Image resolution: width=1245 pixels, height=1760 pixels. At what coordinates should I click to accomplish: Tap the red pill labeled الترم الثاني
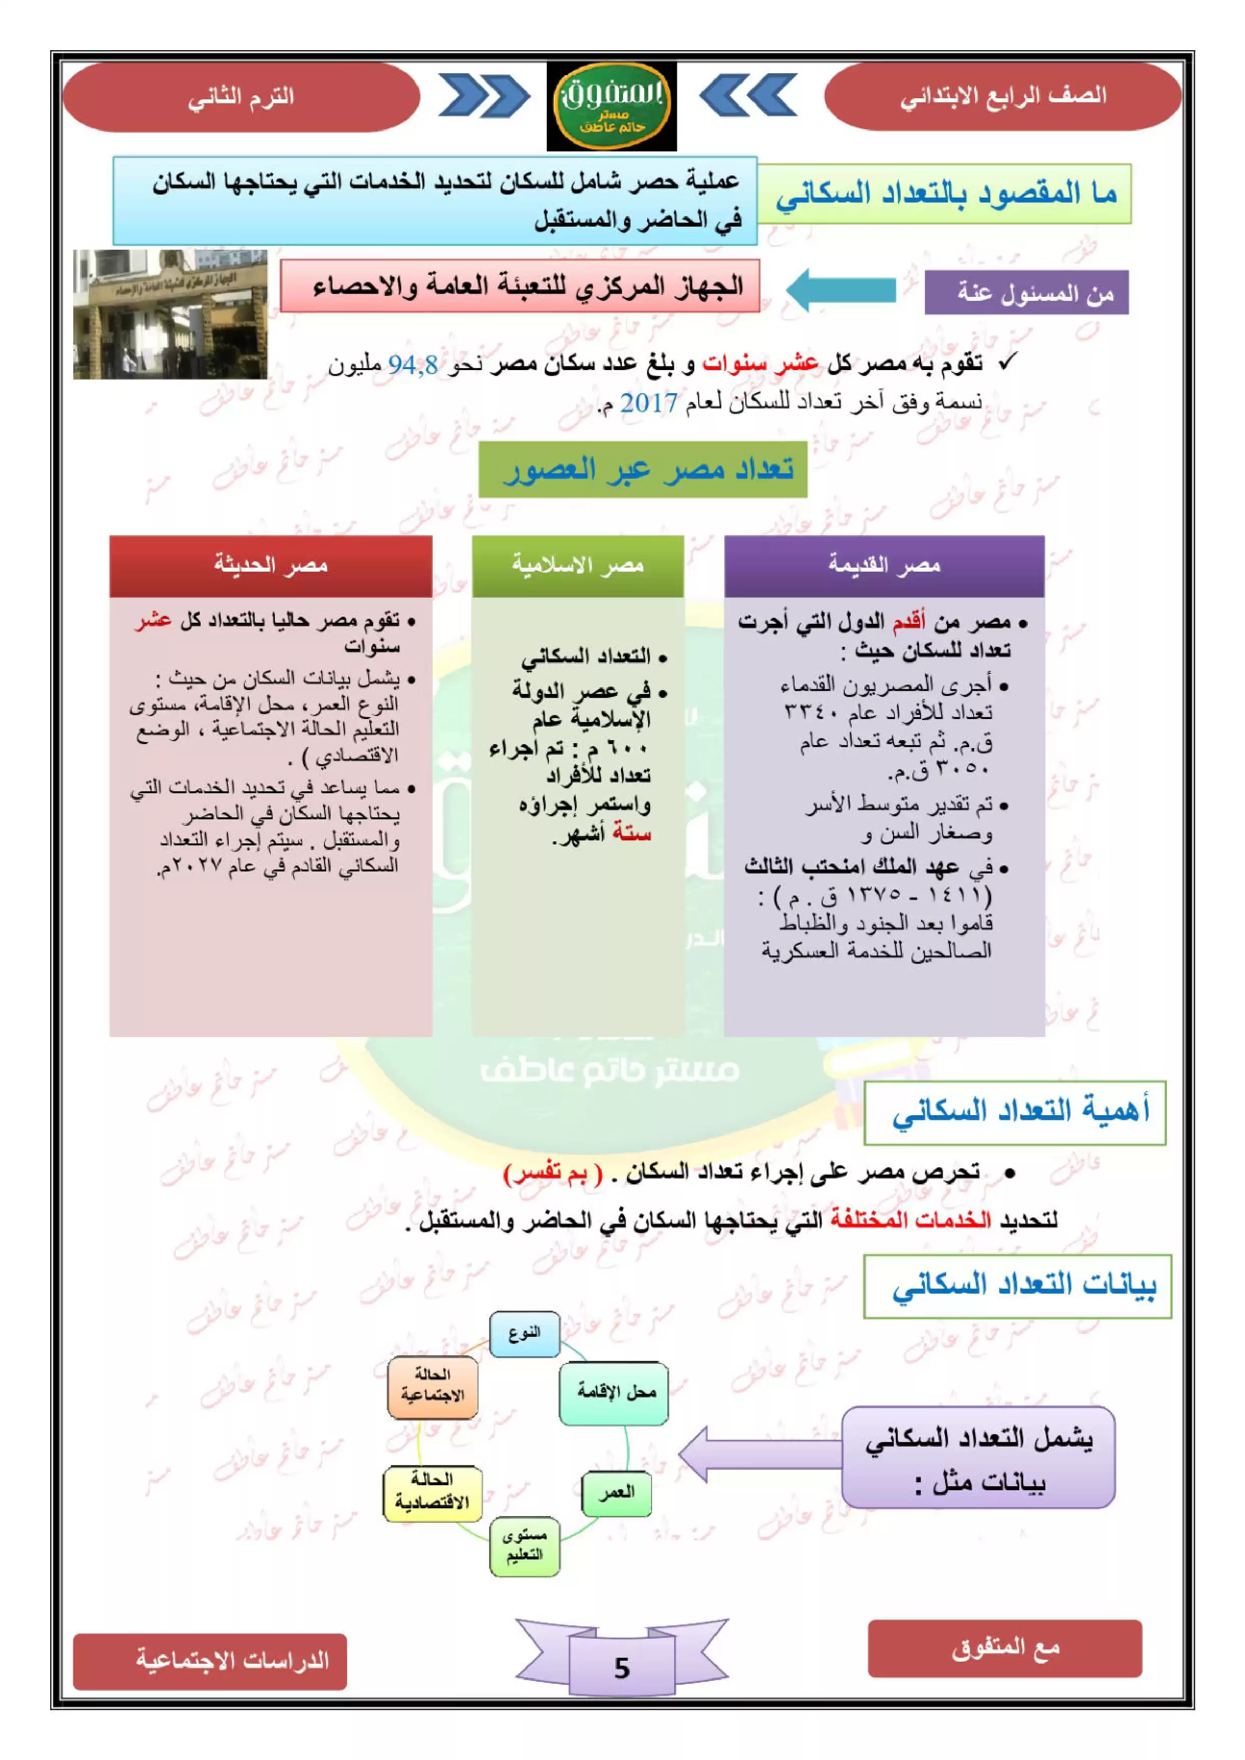pyautogui.click(x=241, y=97)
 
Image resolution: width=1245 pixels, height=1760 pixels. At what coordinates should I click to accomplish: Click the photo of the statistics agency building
pyautogui.click(x=170, y=314)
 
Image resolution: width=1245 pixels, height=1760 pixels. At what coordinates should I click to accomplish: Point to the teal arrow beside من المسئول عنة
pyautogui.click(x=841, y=290)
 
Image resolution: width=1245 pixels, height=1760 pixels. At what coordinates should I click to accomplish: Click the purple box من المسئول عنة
pyautogui.click(x=1026, y=292)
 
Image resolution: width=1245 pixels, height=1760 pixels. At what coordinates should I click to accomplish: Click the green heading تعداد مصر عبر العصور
pyautogui.click(x=643, y=469)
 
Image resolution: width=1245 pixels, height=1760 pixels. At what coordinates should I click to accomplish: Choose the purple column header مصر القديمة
pyautogui.click(x=884, y=566)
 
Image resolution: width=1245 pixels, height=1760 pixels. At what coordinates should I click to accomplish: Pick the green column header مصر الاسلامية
pyautogui.click(x=577, y=566)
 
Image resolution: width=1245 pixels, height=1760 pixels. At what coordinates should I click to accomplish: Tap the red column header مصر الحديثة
pyautogui.click(x=270, y=566)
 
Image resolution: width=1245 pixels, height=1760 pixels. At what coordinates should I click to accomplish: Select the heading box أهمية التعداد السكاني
pyautogui.click(x=1014, y=1112)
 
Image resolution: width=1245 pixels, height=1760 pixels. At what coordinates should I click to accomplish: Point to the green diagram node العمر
pyautogui.click(x=616, y=1492)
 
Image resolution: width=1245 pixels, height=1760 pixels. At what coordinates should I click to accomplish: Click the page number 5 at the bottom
pyautogui.click(x=621, y=1668)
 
